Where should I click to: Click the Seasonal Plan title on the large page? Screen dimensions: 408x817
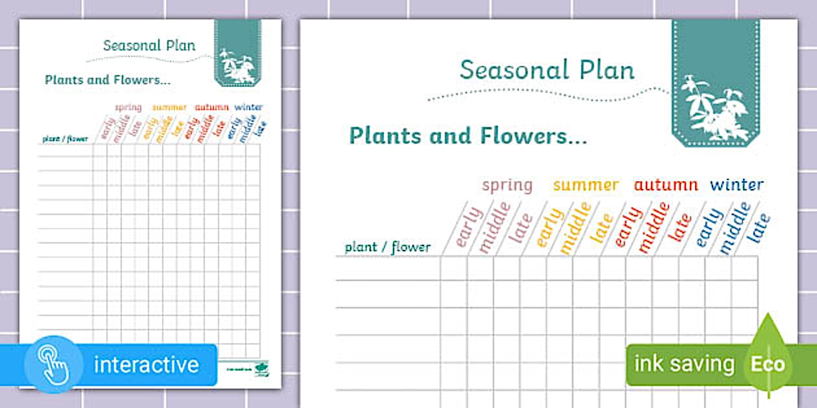tap(547, 70)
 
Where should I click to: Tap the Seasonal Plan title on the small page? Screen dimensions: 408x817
tap(149, 46)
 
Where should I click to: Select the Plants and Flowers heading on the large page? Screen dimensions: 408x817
tap(468, 136)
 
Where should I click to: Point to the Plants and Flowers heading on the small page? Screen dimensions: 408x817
tap(108, 80)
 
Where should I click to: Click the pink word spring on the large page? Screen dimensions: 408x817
tap(507, 185)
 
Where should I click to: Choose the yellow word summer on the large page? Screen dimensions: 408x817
tap(586, 185)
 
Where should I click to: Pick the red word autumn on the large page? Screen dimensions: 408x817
tap(666, 185)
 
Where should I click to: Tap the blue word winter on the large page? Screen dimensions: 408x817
tap(737, 185)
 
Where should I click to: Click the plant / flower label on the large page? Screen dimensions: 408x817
tap(388, 247)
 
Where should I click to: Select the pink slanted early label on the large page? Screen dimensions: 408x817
tap(469, 227)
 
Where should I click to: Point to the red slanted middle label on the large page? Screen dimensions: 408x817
tap(654, 227)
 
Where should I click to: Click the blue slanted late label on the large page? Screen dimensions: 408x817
tap(759, 228)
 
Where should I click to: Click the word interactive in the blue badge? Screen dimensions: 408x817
tap(147, 365)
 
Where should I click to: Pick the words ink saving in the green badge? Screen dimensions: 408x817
tap(684, 364)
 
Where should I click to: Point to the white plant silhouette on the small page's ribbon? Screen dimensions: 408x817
tap(237, 66)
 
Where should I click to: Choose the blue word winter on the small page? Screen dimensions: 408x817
tap(249, 108)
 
